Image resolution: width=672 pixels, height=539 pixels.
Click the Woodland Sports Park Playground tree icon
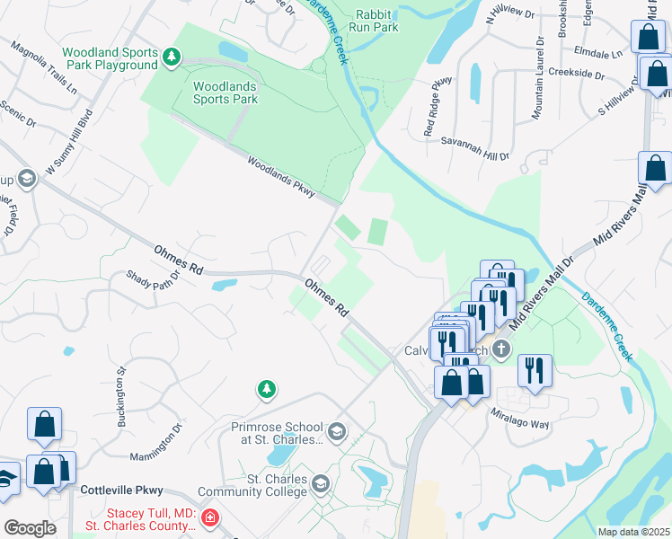(x=172, y=58)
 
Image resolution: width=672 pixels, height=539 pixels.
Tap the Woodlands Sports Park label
(x=225, y=93)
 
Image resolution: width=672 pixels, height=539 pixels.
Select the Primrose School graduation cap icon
(x=337, y=433)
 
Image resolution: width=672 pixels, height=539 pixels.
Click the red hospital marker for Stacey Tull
(x=209, y=517)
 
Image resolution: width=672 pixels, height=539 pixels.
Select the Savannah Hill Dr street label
(x=474, y=141)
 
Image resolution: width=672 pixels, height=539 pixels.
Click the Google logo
(x=31, y=528)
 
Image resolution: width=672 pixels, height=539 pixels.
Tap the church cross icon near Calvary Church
(x=501, y=349)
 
